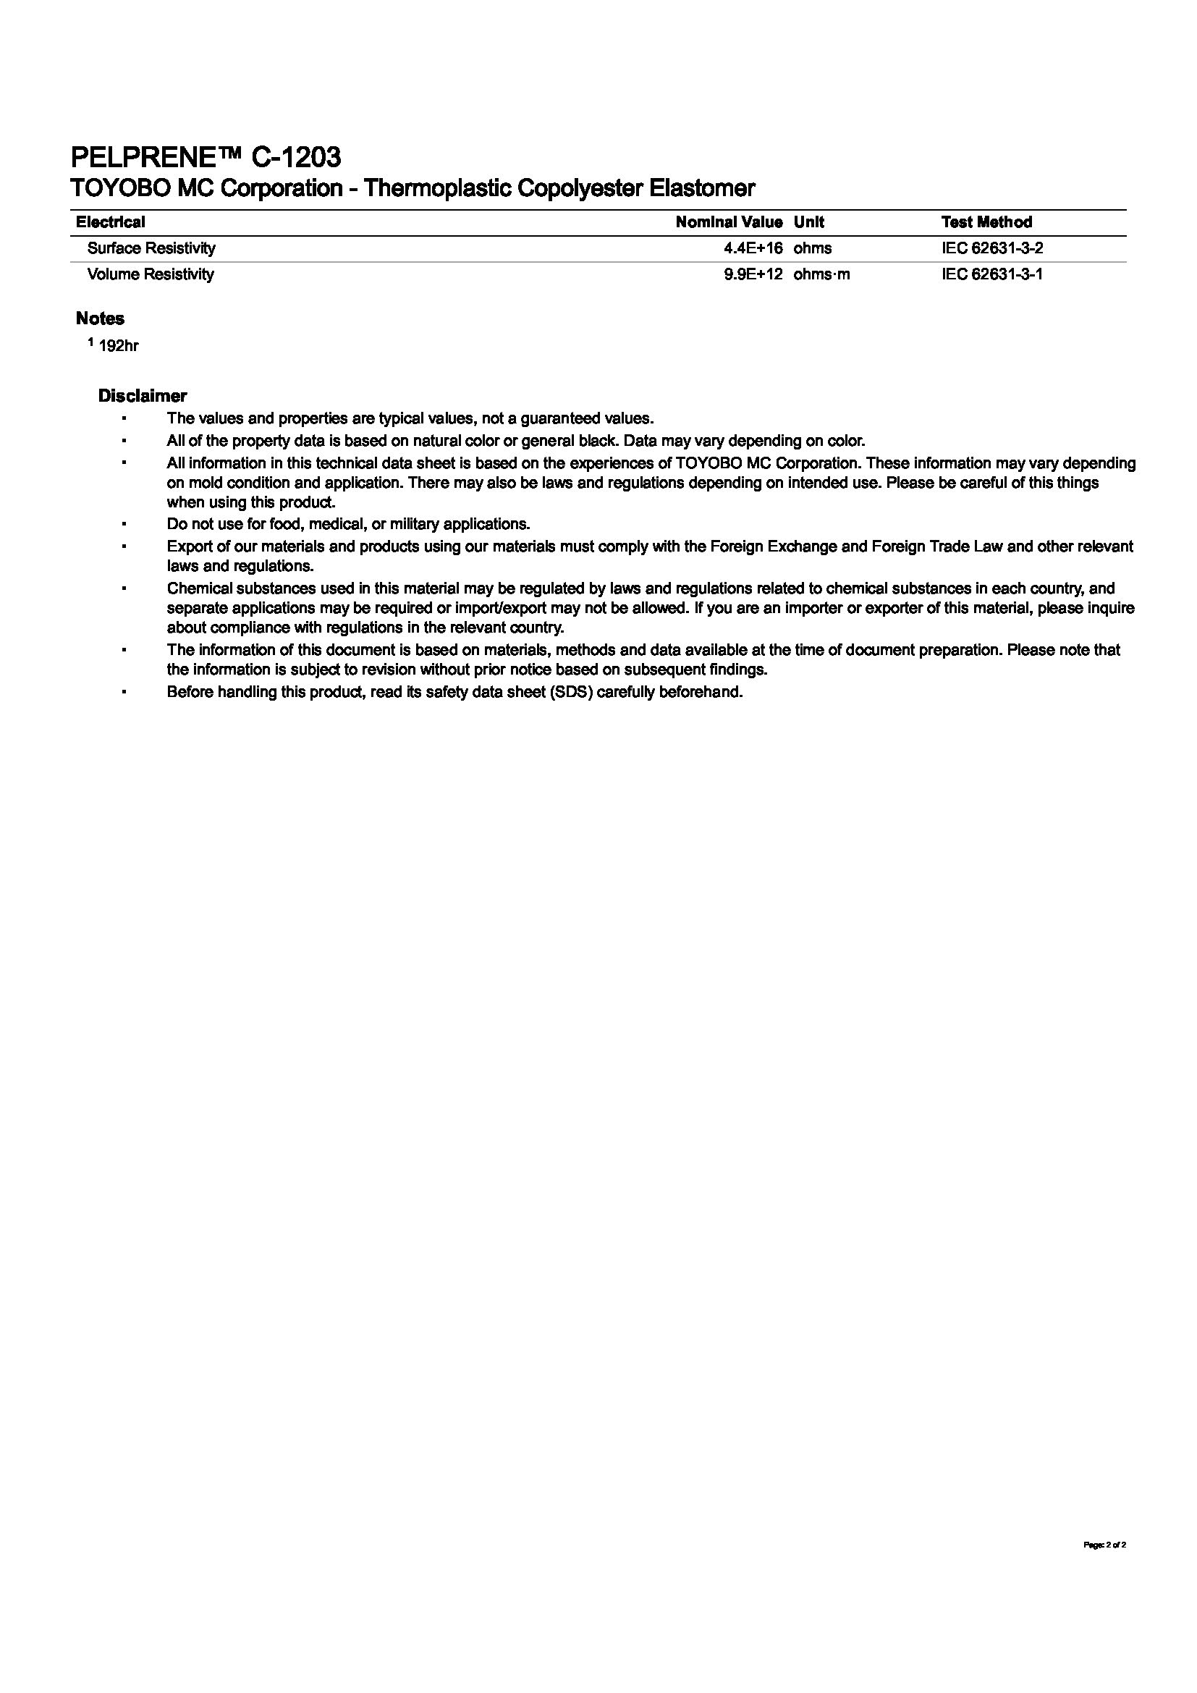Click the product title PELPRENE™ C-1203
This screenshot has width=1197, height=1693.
coord(206,157)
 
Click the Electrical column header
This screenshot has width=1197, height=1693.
coord(111,222)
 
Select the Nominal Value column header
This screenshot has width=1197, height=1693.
coord(728,222)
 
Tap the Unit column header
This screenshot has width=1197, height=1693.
coord(808,222)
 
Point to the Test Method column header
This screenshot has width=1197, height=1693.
coord(986,222)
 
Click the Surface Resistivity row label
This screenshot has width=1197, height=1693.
coord(151,248)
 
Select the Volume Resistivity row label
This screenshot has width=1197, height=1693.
coord(151,274)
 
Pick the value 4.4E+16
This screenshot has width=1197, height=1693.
coord(753,248)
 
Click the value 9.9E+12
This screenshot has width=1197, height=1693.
coord(753,274)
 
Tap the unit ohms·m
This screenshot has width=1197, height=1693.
coord(821,274)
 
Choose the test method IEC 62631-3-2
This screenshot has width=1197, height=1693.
coord(991,248)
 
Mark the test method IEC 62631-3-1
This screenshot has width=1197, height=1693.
coord(991,274)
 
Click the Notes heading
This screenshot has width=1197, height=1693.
coord(101,318)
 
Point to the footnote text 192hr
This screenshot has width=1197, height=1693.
coord(118,346)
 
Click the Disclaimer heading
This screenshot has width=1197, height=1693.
coord(143,396)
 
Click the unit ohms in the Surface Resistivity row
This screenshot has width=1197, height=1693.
coord(812,248)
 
